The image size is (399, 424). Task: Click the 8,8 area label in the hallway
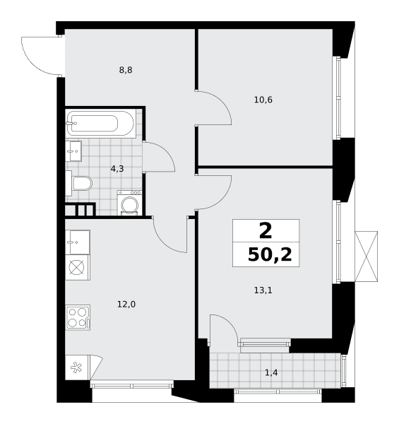[x=126, y=70]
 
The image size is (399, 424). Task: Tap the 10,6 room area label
[x=263, y=100]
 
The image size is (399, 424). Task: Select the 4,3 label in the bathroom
[x=117, y=169]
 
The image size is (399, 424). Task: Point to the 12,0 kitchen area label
[x=126, y=305]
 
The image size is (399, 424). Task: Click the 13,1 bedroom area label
[x=263, y=290]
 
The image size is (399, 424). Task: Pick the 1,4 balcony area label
[x=271, y=373]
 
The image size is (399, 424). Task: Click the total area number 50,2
[x=270, y=254]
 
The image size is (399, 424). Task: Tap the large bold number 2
[x=266, y=230]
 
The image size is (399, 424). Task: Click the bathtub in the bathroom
[x=100, y=123]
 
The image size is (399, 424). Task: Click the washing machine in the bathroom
[x=129, y=203]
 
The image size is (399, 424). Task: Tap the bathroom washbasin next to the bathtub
[x=73, y=151]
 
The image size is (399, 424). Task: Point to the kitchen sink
[x=78, y=242]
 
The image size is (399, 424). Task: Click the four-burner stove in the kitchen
[x=78, y=317]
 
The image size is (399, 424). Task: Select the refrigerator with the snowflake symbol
[x=77, y=367]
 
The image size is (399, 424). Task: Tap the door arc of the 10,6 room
[x=222, y=102]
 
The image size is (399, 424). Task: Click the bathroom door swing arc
[x=166, y=152]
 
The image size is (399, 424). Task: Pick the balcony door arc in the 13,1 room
[x=229, y=324]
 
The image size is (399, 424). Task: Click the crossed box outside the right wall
[x=366, y=257]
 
